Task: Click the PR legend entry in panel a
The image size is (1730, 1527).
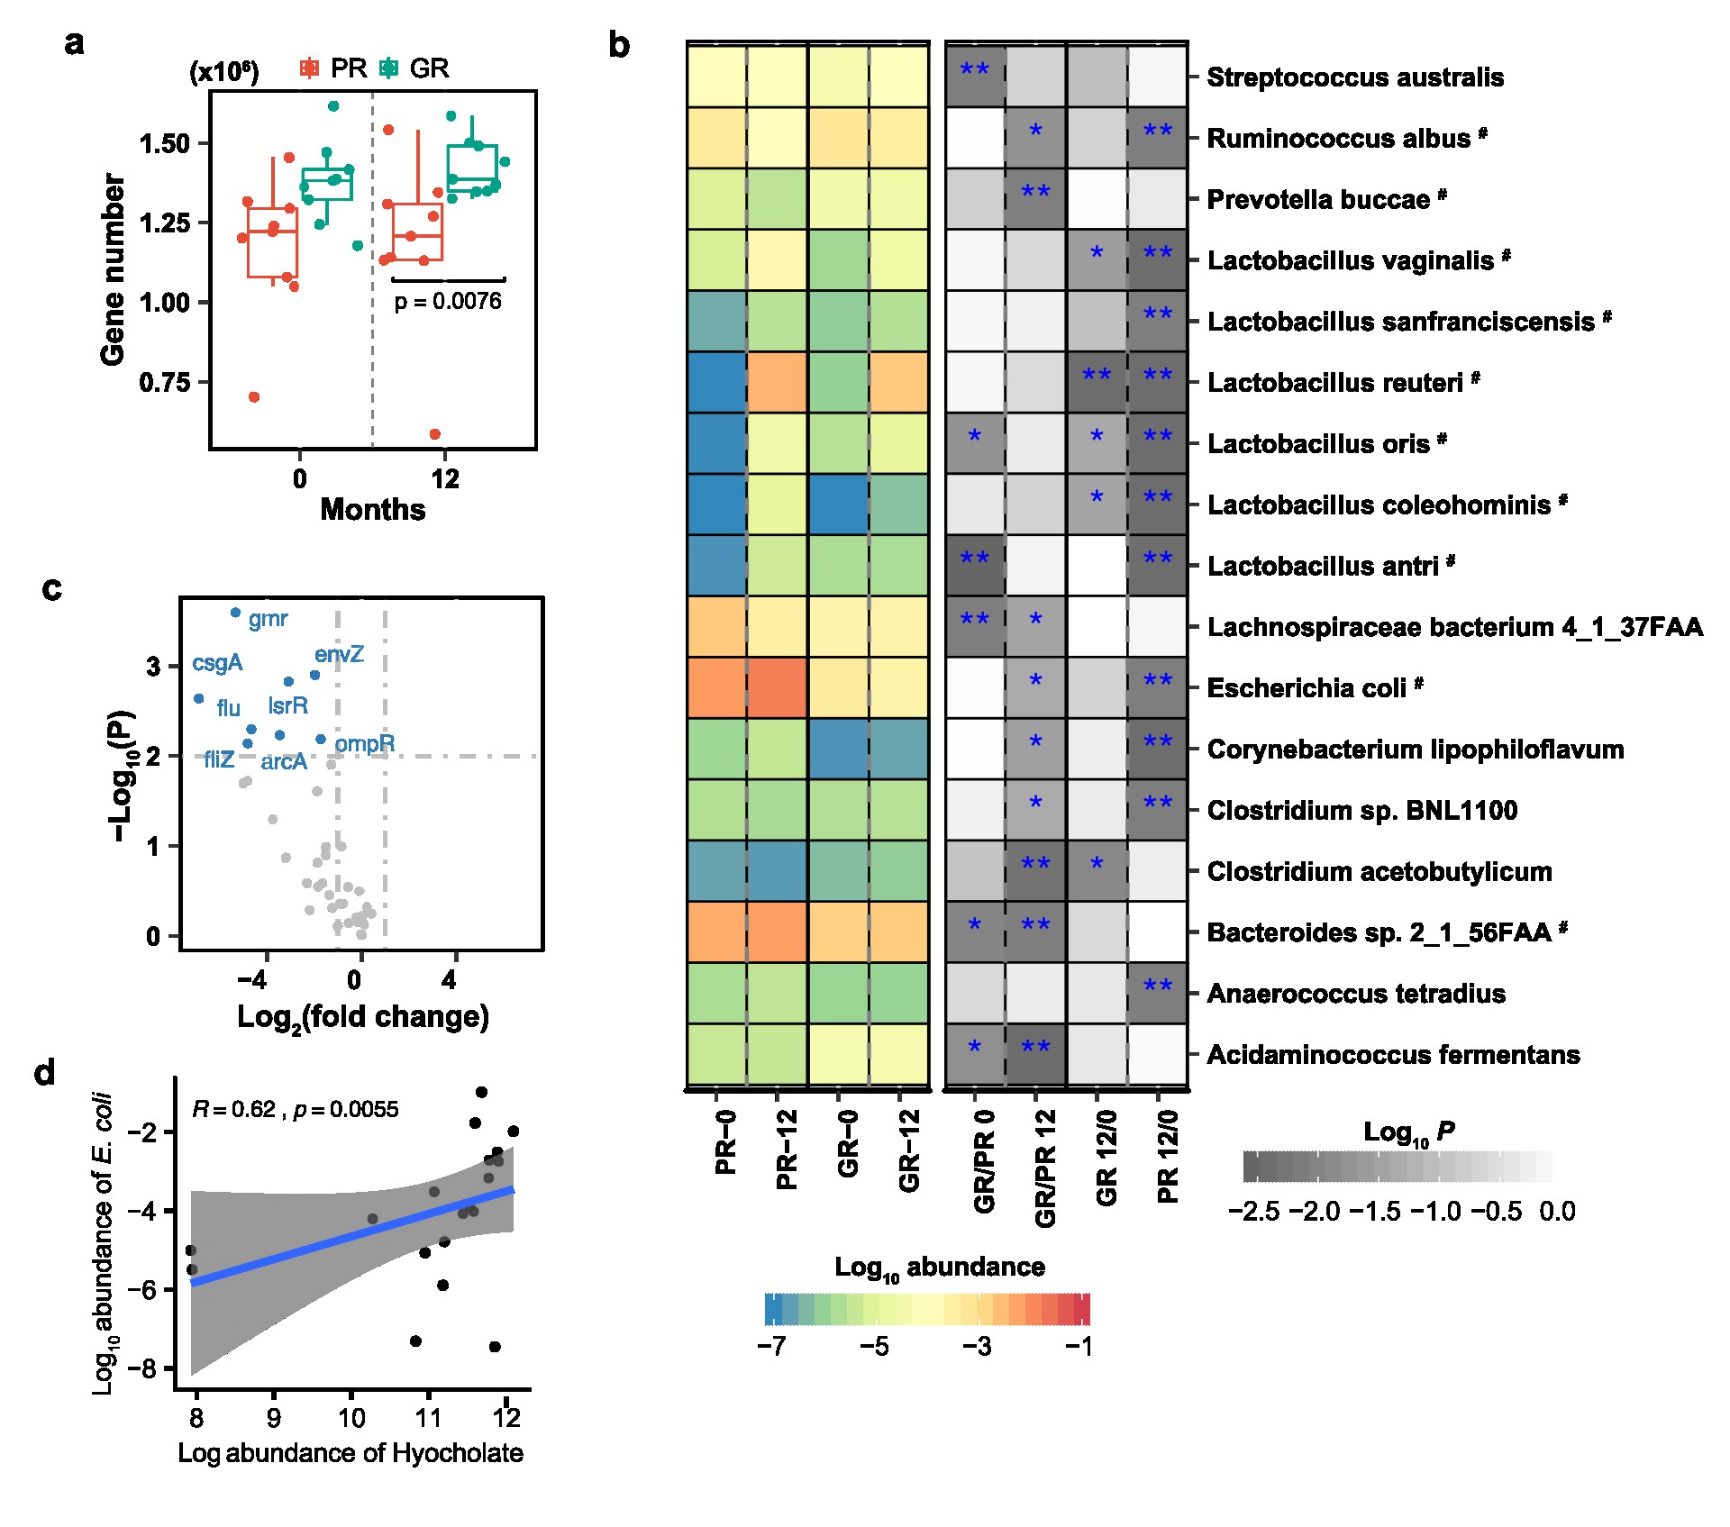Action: coord(333,68)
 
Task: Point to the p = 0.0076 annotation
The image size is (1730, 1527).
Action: coord(448,301)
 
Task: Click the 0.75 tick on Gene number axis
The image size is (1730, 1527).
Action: coord(165,382)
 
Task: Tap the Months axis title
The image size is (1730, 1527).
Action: coord(372,510)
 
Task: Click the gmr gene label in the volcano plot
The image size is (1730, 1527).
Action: coord(268,619)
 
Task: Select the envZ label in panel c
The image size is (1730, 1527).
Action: coord(339,654)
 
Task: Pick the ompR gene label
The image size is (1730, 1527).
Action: coord(364,743)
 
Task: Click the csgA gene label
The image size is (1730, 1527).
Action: coord(217,663)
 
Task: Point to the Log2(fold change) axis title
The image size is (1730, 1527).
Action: coord(362,1017)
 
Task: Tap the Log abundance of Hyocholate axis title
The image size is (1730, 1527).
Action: coord(351,1453)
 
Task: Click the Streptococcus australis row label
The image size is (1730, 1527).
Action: coord(1355,77)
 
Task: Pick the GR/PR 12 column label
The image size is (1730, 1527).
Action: coord(1045,1168)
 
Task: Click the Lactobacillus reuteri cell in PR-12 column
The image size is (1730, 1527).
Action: coord(777,382)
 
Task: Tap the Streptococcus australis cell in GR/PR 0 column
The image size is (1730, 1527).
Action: coord(975,76)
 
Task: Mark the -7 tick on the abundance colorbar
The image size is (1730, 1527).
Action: coord(772,1346)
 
